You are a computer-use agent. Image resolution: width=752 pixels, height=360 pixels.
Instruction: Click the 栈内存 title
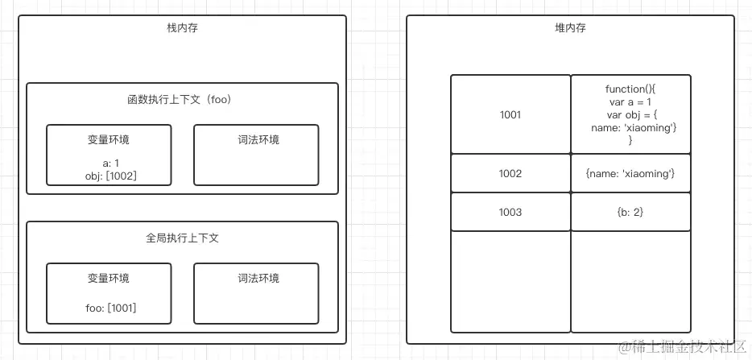click(x=182, y=28)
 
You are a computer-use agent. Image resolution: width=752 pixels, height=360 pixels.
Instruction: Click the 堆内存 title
click(x=570, y=28)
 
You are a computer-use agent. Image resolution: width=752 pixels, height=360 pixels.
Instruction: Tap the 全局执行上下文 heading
click(x=181, y=238)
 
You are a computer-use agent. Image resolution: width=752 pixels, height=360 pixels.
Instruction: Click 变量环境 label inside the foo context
click(x=109, y=140)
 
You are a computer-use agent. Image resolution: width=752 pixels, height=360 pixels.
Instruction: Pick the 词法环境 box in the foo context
click(x=256, y=155)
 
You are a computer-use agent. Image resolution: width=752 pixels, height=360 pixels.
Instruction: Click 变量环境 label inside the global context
click(x=109, y=279)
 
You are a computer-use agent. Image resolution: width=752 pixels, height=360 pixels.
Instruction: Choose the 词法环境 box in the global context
click(x=256, y=293)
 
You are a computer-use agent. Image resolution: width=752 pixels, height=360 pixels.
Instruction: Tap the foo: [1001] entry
click(x=109, y=307)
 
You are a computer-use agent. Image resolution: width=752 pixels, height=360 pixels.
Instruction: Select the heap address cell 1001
click(x=510, y=114)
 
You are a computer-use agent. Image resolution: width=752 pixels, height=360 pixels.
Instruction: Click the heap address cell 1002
click(x=510, y=173)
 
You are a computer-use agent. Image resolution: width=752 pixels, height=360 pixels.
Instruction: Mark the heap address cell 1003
click(x=510, y=212)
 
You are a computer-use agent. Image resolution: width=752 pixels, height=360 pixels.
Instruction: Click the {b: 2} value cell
click(x=630, y=212)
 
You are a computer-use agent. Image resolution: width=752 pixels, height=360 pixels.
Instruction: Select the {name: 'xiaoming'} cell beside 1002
click(x=630, y=173)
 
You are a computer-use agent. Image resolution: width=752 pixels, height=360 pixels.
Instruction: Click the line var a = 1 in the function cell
click(x=630, y=101)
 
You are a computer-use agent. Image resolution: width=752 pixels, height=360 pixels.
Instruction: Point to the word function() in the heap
click(x=630, y=89)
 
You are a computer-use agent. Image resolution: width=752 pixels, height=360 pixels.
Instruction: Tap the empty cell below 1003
click(x=510, y=281)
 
